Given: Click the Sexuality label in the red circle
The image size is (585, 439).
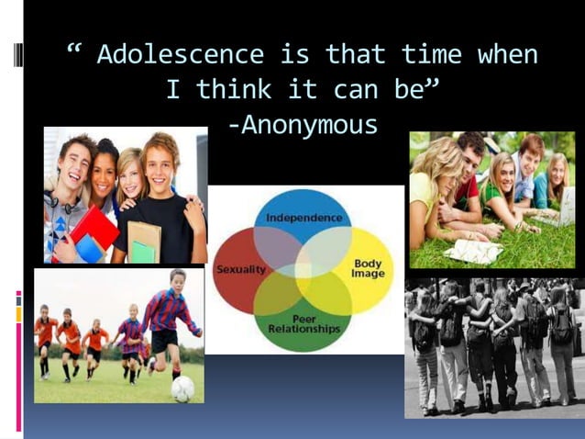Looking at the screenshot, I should pyautogui.click(x=239, y=269).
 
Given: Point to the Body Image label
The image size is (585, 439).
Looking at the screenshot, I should pyautogui.click(x=368, y=269).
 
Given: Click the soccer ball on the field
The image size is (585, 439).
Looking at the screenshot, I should pyautogui.click(x=182, y=388).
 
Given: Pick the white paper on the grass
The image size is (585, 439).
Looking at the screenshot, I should pyautogui.click(x=473, y=250).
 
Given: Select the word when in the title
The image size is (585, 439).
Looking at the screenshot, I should pyautogui.click(x=507, y=54).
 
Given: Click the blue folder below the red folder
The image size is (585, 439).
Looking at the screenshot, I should pyautogui.click(x=88, y=249).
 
